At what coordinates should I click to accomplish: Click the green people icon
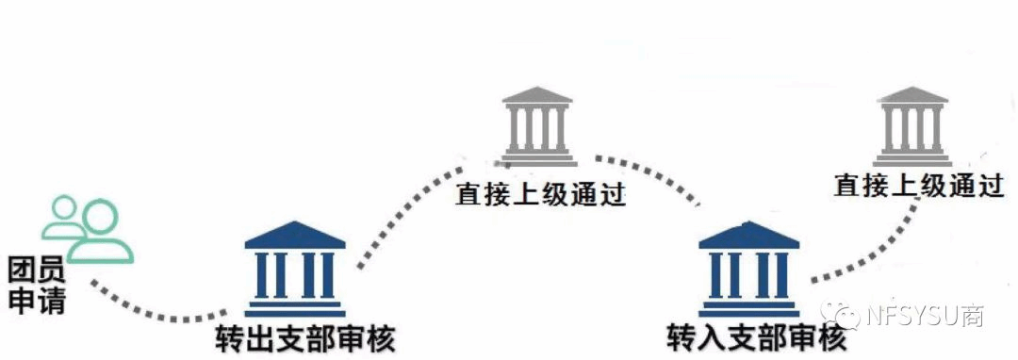[88, 230]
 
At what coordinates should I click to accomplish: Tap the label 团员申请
[37, 285]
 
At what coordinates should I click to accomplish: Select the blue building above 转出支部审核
[295, 270]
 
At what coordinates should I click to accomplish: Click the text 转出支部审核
[305, 338]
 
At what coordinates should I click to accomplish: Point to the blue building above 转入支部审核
[749, 270]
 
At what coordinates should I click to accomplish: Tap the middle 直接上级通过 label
[540, 194]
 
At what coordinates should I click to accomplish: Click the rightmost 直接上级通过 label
[919, 187]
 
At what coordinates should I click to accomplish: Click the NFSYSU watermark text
[926, 316]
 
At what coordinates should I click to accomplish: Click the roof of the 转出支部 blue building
[295, 235]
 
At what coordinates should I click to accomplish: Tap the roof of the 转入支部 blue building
[749, 235]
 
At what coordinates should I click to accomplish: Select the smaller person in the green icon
[64, 219]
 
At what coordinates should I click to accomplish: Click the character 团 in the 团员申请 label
[22, 270]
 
